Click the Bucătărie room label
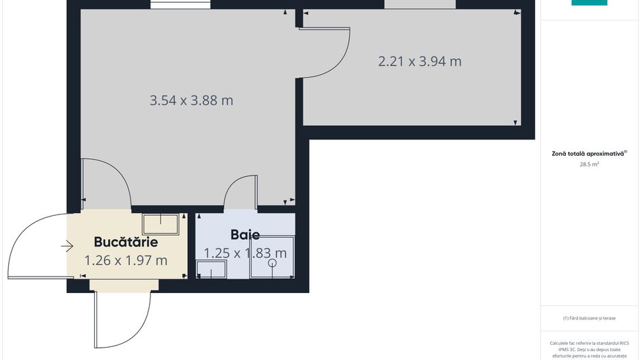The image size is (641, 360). [126, 242]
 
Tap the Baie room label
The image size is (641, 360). [245, 235]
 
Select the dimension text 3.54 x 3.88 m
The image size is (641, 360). [191, 100]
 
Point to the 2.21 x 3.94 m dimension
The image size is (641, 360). [420, 61]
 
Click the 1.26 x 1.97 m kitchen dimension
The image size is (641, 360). [126, 260]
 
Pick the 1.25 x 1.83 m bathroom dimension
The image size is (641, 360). [245, 253]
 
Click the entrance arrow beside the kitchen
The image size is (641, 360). [66, 246]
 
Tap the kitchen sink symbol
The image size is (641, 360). [161, 223]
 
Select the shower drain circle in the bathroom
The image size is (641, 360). [272, 262]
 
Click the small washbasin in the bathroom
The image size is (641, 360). [211, 270]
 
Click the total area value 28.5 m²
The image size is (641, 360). [589, 165]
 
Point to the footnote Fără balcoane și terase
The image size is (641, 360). [589, 318]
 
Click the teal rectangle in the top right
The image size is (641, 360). [589, 3]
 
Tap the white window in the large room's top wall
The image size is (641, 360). [180, 5]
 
